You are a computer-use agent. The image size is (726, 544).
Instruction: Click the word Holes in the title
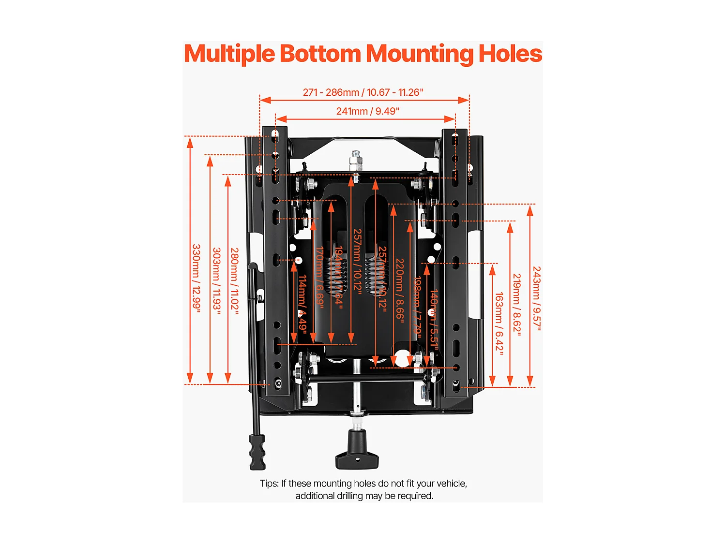click(510, 54)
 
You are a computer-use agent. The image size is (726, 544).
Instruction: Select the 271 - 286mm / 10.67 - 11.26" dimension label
click(363, 92)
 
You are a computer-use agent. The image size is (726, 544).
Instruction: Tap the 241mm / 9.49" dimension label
click(368, 111)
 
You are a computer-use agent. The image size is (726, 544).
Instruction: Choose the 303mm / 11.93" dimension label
click(216, 281)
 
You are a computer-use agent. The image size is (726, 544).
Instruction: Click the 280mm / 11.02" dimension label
click(234, 281)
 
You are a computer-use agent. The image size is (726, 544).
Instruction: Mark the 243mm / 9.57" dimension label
click(537, 298)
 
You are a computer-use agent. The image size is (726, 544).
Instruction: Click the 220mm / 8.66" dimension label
click(400, 289)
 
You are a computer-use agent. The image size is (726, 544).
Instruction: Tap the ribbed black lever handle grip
click(257, 452)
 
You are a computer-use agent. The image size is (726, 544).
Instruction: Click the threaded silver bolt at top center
click(357, 160)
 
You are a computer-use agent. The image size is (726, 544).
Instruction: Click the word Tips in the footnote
click(268, 484)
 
